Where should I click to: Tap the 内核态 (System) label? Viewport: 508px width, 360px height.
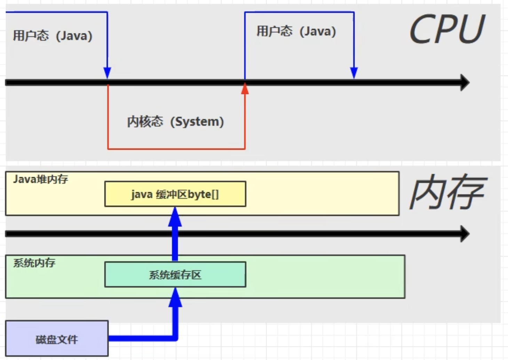click(175, 122)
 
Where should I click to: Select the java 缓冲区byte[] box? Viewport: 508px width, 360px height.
click(175, 194)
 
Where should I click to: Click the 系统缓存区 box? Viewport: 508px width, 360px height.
click(175, 275)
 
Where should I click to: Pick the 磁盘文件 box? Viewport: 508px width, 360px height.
click(57, 339)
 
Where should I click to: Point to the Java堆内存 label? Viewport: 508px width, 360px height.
click(40, 179)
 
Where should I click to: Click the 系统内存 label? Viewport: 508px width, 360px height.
click(34, 263)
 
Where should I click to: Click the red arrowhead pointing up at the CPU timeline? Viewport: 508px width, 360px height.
click(245, 89)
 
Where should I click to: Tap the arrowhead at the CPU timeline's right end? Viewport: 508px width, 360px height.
click(465, 83)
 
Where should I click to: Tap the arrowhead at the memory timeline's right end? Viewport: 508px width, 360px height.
click(465, 234)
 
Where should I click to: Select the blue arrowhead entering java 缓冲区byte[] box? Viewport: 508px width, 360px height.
click(175, 216)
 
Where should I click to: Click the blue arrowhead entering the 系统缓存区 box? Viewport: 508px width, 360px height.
click(175, 297)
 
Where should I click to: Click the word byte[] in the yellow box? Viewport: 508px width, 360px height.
click(203, 194)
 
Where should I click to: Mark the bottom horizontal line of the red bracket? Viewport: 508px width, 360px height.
click(176, 149)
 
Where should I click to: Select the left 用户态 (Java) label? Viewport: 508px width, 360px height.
click(53, 36)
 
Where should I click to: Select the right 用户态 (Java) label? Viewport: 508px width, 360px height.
click(296, 31)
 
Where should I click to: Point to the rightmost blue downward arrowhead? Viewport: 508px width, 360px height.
click(354, 73)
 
